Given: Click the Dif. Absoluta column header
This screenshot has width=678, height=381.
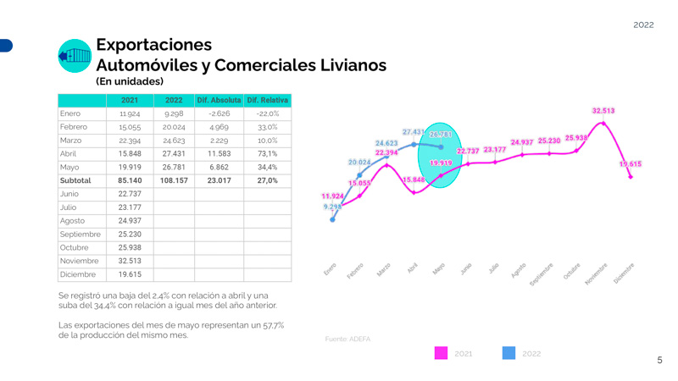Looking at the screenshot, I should (219, 100).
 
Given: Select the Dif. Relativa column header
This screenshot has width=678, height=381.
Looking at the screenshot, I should (267, 100).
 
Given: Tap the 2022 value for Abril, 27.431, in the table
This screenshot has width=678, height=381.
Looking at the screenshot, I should (174, 154).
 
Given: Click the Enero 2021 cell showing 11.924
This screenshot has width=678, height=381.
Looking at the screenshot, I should (130, 113).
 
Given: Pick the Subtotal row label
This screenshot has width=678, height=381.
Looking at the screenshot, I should (75, 180).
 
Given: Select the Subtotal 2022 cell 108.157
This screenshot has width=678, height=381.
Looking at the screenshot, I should (174, 180).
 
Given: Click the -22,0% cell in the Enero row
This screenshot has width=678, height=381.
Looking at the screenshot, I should (267, 113).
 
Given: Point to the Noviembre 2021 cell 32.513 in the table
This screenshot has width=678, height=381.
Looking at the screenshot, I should (130, 262).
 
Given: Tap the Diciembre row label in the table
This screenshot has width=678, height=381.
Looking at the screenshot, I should (77, 275).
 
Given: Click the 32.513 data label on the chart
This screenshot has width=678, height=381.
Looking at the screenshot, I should (603, 111).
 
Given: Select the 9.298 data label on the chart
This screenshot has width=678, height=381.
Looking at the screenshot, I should (332, 207).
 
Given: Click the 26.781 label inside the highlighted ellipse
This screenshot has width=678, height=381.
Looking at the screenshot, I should (441, 135).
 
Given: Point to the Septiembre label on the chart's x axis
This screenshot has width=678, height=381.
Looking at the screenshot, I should (542, 272).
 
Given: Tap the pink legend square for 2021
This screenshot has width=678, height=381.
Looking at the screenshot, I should (441, 353).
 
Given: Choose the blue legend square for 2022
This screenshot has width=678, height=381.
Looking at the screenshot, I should (508, 353).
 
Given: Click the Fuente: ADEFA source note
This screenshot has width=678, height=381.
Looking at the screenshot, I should (347, 339).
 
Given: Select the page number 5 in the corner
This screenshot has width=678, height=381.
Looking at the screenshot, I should (659, 361).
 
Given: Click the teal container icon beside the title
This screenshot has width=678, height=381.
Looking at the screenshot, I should (75, 56).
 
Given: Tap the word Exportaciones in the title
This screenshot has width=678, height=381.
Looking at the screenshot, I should (153, 45).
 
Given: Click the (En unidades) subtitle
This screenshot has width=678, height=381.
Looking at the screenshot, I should (130, 82).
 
